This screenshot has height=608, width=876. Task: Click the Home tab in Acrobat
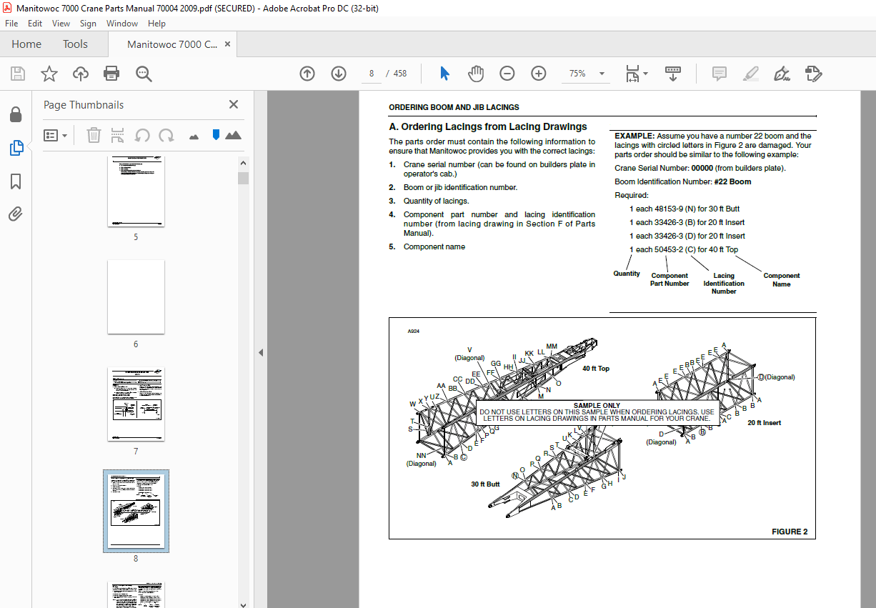26,44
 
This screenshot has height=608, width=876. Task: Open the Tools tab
75,44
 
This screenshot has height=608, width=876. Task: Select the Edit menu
35,24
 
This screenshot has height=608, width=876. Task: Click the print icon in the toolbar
111,74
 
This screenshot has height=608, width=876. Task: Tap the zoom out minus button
507,74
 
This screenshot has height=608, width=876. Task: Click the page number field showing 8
372,74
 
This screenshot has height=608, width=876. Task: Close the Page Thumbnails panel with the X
234,104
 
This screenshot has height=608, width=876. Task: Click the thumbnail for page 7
136,404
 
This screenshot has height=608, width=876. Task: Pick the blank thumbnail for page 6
136,296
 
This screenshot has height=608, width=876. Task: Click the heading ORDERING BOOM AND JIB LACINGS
454,108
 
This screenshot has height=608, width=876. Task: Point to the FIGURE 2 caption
790,532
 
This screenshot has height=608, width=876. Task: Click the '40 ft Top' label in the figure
596,369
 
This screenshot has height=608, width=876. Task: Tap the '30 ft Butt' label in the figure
485,484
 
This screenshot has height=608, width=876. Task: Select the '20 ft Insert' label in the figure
764,423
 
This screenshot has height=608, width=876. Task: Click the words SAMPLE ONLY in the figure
597,406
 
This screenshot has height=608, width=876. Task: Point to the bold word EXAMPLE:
634,136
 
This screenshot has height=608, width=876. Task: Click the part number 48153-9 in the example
670,209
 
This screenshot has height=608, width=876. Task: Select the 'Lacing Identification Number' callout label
724,283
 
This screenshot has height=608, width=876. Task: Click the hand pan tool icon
476,74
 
